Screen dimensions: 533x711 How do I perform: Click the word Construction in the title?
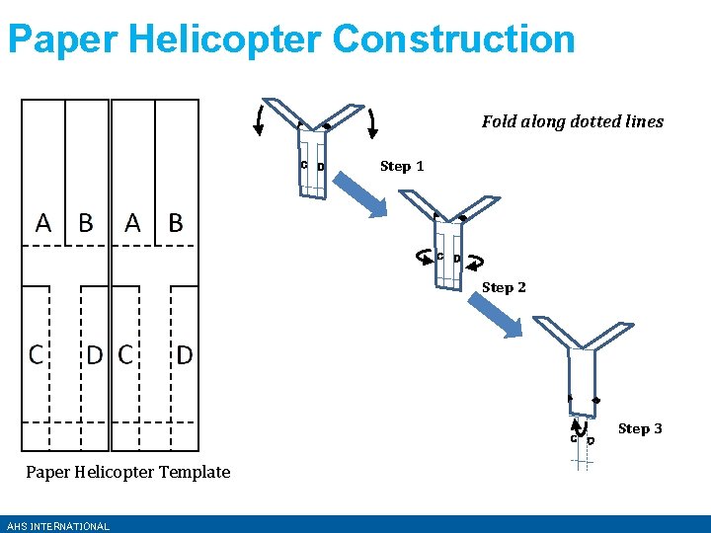coord(453,39)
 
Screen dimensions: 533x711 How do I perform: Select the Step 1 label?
coord(402,166)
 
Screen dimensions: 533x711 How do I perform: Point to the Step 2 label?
coord(504,287)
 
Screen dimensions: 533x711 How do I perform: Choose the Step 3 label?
coord(640,428)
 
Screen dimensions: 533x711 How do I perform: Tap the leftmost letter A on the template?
coord(43,222)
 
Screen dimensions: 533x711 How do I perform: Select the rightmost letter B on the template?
coord(176,222)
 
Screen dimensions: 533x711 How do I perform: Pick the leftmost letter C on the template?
coord(36,353)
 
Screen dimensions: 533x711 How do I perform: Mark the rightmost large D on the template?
coord(184,353)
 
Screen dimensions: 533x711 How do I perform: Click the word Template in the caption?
coord(195,472)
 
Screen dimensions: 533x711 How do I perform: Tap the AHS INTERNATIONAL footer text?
coord(57,526)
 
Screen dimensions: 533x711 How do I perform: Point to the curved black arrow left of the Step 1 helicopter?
coord(259,117)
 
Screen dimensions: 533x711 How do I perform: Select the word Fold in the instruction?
coord(499,121)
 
